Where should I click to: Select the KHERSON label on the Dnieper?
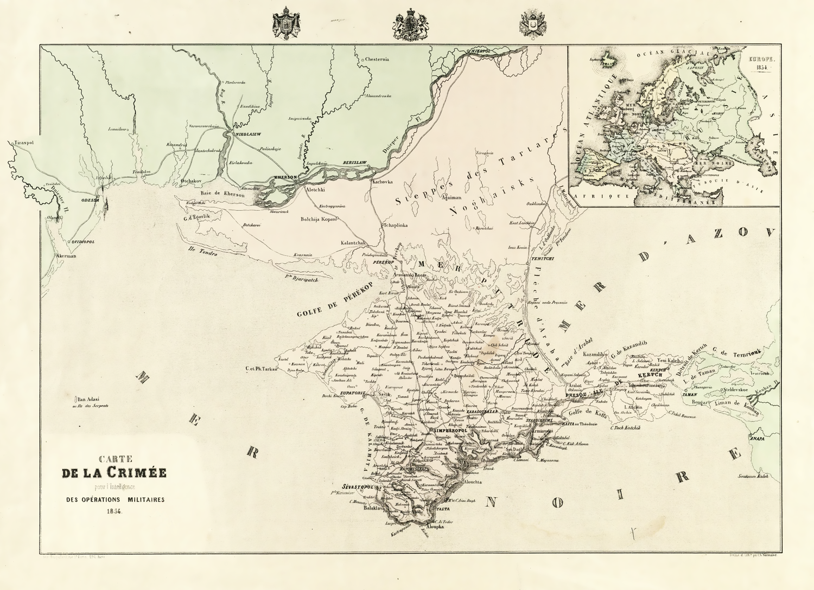click(285, 177)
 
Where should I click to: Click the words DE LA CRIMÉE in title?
click(114, 472)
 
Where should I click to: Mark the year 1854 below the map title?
click(115, 511)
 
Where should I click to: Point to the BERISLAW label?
click(355, 163)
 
